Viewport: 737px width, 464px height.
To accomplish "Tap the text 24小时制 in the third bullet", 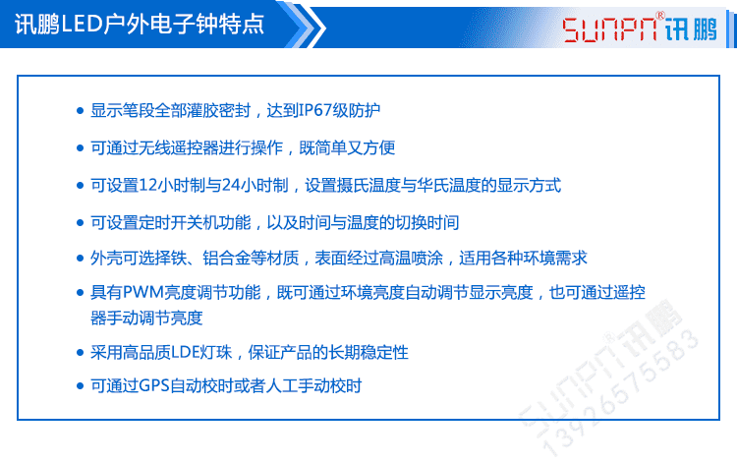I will tap(258, 185).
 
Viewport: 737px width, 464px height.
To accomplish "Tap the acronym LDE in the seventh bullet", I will tap(187, 352).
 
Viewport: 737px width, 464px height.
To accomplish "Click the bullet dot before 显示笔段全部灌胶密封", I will tap(81, 111).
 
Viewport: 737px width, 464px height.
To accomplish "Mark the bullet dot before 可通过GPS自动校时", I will tap(81, 386).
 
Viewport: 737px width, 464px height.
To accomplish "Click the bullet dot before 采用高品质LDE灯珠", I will tap(81, 352).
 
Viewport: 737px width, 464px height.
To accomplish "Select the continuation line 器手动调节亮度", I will tap(146, 318).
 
